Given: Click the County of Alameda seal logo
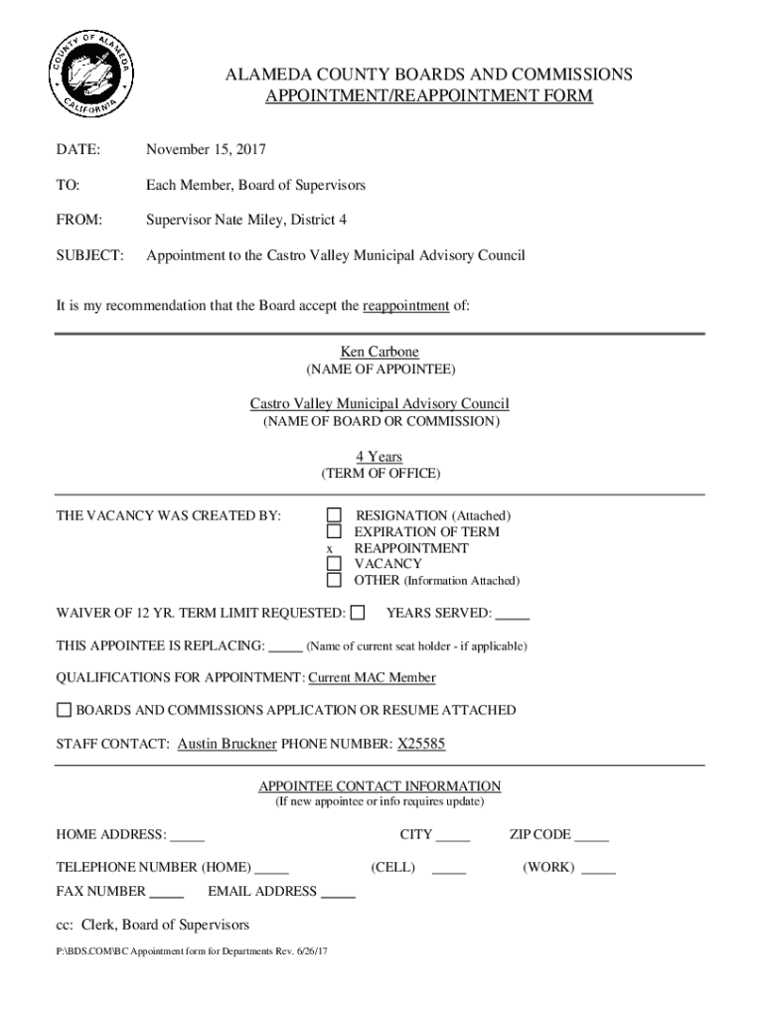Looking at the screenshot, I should [89, 75].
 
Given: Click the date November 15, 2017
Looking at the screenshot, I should [206, 150].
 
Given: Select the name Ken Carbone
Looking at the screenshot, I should [381, 352].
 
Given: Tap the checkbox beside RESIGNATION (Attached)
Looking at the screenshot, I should [335, 514].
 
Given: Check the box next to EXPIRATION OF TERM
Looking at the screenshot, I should [335, 531].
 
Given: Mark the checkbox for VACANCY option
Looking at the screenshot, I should [335, 564].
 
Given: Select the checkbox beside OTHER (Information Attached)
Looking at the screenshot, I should [335, 580].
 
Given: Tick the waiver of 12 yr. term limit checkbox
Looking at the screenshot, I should [358, 612].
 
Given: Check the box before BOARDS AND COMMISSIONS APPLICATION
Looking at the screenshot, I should [65, 710].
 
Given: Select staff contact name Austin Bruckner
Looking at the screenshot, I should [227, 744].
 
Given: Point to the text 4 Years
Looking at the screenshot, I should [380, 456].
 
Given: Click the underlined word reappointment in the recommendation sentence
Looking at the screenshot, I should [405, 306].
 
